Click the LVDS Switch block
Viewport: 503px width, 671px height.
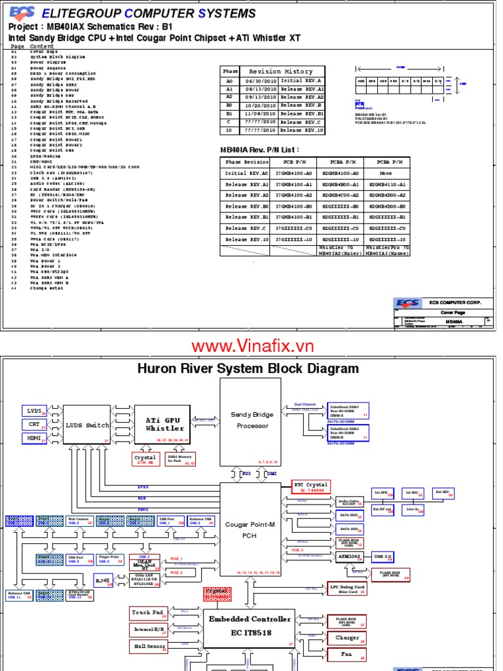86,425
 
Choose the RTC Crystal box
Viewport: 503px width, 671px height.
311,486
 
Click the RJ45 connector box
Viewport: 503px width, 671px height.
102,579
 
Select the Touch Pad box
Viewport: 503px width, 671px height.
149,613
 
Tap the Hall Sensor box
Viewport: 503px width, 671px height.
149,646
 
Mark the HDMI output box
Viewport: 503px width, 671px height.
34,438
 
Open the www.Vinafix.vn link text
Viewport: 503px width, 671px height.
252,345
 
